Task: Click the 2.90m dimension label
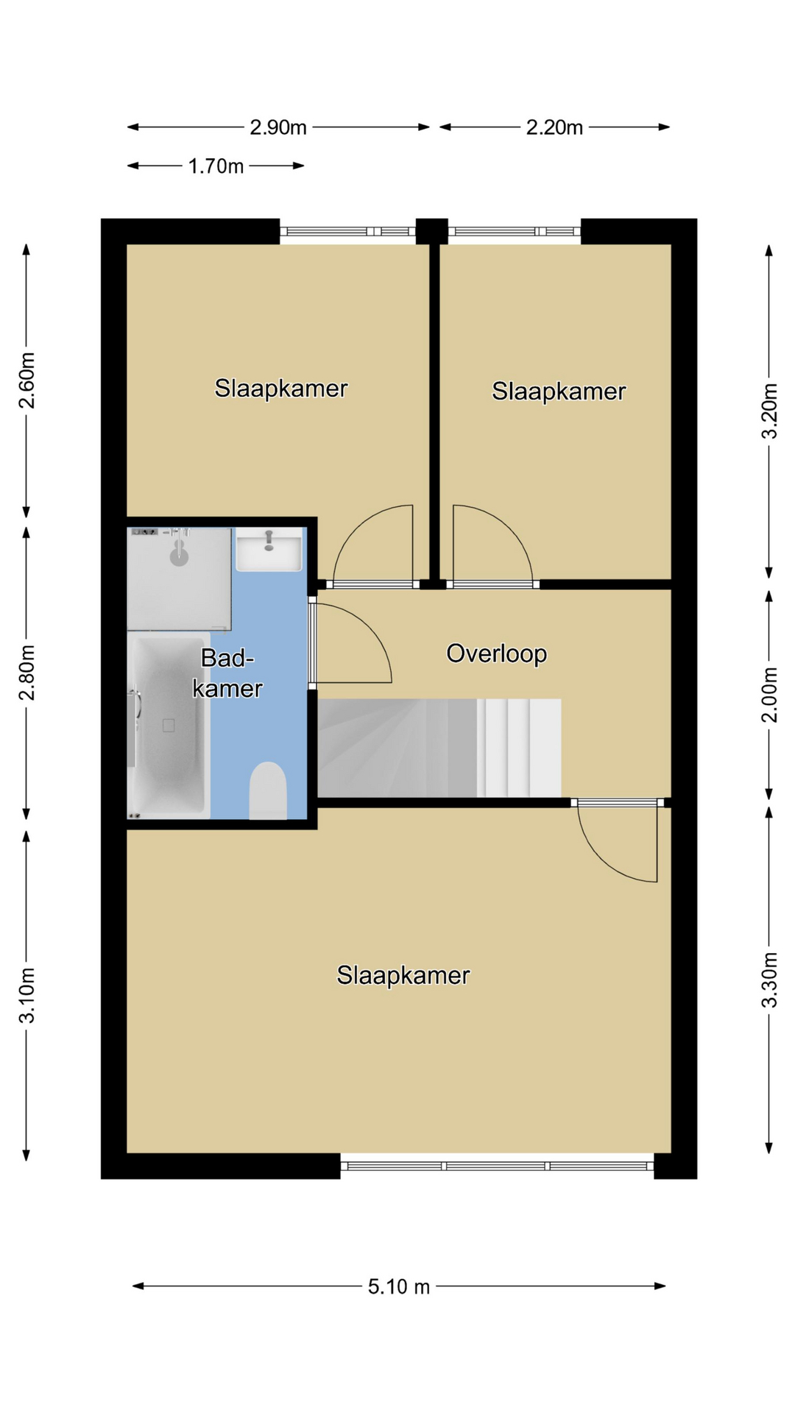coord(278,127)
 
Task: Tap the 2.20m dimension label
coord(554,127)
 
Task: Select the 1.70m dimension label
coord(216,166)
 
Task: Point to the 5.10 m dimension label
coord(399,1286)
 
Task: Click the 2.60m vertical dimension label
coord(27,380)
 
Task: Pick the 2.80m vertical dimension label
coord(27,673)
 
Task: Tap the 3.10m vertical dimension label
coord(27,995)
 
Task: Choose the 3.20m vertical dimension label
coord(769,411)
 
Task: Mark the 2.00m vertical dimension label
coord(769,695)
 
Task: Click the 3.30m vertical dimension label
coord(769,980)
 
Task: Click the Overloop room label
coord(497,654)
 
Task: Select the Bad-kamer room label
coord(227,673)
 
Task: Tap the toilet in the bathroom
coord(268,791)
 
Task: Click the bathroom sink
coord(269,549)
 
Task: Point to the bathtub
coord(169,726)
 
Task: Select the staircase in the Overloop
coord(439,748)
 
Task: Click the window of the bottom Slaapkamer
coord(498,1166)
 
